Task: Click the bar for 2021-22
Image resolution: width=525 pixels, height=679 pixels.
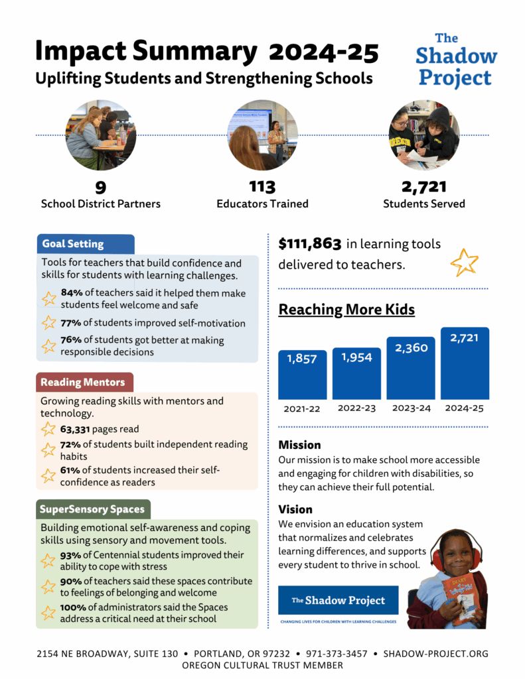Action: (x=302, y=375)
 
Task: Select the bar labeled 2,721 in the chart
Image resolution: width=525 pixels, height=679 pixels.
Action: (x=465, y=363)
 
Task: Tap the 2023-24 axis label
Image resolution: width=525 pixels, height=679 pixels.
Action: (x=411, y=408)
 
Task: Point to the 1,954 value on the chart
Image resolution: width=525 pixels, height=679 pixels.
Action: (x=356, y=357)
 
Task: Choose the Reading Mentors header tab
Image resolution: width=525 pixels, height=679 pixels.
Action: (x=84, y=382)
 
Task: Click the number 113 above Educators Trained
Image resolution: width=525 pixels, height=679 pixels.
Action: (x=262, y=187)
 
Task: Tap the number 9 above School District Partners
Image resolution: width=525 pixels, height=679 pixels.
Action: (x=101, y=187)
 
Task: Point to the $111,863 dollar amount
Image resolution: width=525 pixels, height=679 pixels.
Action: (x=310, y=244)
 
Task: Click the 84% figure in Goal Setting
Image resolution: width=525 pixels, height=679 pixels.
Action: (x=72, y=292)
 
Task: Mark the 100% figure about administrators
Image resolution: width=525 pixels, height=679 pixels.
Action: (x=74, y=606)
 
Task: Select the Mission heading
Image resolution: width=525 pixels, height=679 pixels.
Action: (x=299, y=445)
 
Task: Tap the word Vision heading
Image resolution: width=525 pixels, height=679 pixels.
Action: (x=295, y=509)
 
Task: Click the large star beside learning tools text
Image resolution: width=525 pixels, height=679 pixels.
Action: (x=464, y=263)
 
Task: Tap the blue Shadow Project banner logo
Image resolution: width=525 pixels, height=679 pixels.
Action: (x=338, y=601)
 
